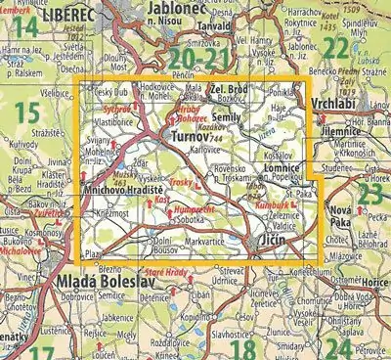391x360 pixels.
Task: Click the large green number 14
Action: pyautogui.click(x=27, y=27)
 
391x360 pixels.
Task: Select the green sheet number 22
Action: pyautogui.click(x=335, y=49)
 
